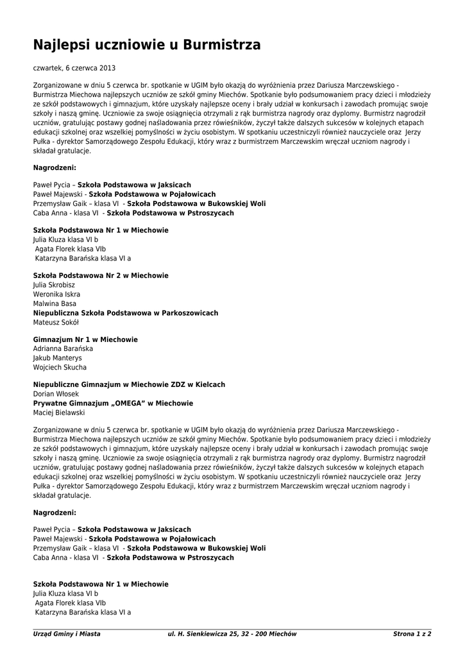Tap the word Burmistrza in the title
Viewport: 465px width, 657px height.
(222, 45)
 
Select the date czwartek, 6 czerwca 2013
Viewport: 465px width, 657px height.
(74, 68)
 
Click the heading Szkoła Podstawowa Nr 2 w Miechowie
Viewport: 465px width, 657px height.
(101, 275)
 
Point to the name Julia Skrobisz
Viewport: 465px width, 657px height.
(54, 285)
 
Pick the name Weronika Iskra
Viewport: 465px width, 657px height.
(56, 294)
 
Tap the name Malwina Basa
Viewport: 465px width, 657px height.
(55, 303)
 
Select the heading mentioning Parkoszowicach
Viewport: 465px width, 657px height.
(126, 313)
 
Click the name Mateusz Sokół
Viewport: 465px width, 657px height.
(56, 322)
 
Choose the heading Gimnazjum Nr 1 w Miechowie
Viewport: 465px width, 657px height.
(85, 339)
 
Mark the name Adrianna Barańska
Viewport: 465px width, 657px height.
(63, 348)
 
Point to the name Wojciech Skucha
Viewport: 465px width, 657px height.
(60, 368)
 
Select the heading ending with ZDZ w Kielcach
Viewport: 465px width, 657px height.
(129, 384)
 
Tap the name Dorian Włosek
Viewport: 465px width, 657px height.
(56, 394)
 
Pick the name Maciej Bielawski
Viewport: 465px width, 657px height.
(58, 413)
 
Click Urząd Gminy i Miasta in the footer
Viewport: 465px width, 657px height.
(67, 634)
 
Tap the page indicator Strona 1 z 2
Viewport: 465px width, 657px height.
(412, 634)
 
